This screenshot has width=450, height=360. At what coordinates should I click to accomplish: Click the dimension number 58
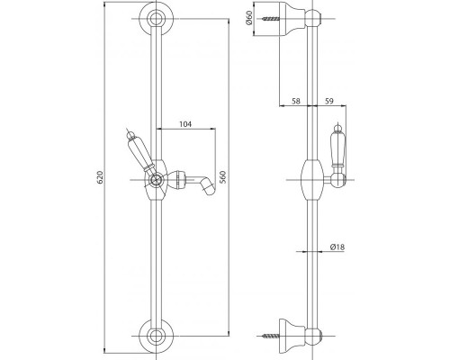[296, 102]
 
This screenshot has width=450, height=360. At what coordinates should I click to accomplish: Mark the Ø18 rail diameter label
[334, 247]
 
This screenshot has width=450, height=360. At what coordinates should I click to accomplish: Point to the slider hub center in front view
[157, 179]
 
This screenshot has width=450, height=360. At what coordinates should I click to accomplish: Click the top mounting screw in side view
[267, 18]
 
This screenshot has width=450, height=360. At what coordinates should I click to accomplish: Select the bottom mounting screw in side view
[267, 339]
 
